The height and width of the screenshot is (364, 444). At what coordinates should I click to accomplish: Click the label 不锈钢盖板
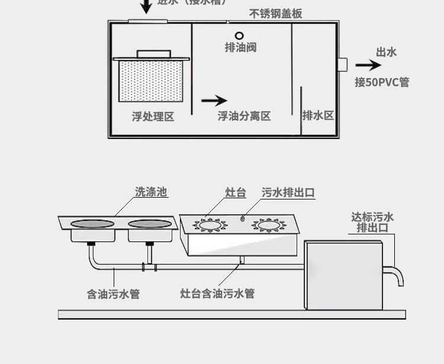coord(276,14)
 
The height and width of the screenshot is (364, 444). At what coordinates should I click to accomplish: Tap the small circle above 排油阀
coord(240,36)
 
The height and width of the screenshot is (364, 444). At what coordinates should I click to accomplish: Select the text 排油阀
coord(240,48)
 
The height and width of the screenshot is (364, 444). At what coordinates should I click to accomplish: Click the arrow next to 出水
coord(368,66)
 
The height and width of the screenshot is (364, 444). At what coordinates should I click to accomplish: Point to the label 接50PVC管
coord(382,82)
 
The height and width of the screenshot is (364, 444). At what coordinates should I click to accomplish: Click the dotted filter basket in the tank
coord(151,82)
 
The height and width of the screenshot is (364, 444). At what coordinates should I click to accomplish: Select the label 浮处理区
coord(153,117)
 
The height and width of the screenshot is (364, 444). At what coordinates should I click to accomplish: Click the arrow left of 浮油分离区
coord(214,101)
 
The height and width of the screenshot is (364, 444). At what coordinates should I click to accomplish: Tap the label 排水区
coord(318,115)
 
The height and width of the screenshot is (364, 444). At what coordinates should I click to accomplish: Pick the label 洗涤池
coord(151,192)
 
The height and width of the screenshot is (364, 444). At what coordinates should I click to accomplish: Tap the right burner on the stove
coord(268,225)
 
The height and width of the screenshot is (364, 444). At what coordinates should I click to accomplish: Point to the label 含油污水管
coord(113,294)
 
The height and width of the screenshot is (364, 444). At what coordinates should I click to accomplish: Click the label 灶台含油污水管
coord(217,293)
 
